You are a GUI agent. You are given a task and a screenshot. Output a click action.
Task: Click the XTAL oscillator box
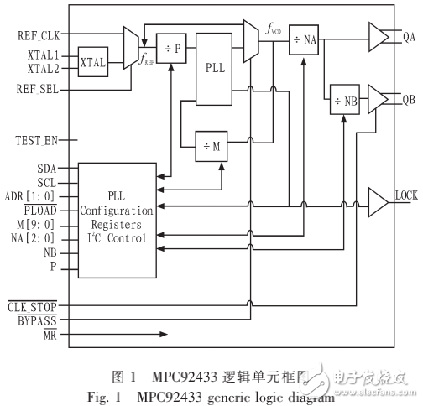click(x=91, y=62)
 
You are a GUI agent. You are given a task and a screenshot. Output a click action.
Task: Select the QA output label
click(x=410, y=36)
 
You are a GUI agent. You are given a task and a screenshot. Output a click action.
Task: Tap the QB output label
click(x=410, y=99)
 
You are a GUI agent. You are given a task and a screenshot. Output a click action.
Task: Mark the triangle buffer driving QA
click(x=378, y=36)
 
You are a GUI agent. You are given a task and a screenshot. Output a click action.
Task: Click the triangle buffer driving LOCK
click(x=377, y=201)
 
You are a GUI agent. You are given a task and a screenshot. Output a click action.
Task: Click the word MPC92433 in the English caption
click(x=165, y=390)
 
